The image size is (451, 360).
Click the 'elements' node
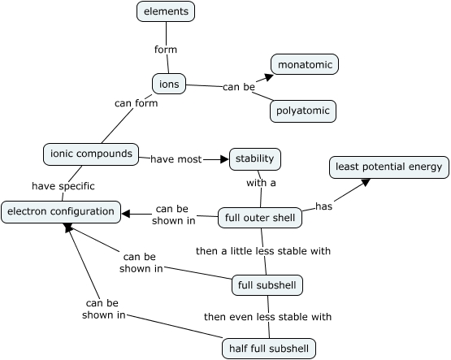click(x=166, y=11)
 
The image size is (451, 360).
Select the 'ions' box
click(x=169, y=83)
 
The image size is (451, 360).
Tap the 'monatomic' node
click(x=304, y=64)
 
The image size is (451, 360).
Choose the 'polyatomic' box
click(x=303, y=111)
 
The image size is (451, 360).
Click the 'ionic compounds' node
click(x=91, y=154)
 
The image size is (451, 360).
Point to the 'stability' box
click(x=255, y=158)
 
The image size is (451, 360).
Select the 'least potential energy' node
click(x=388, y=167)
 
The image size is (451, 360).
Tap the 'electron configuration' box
click(x=61, y=212)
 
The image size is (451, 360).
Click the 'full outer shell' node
click(x=260, y=218)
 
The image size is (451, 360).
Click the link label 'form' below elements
click(x=166, y=50)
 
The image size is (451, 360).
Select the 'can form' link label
click(x=136, y=103)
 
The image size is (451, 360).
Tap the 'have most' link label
click(x=176, y=159)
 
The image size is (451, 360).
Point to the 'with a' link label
click(x=261, y=183)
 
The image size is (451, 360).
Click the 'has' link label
click(x=324, y=206)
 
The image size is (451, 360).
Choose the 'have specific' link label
click(x=63, y=186)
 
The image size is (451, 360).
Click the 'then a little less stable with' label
click(x=263, y=251)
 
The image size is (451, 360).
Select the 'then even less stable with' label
click(x=267, y=317)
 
